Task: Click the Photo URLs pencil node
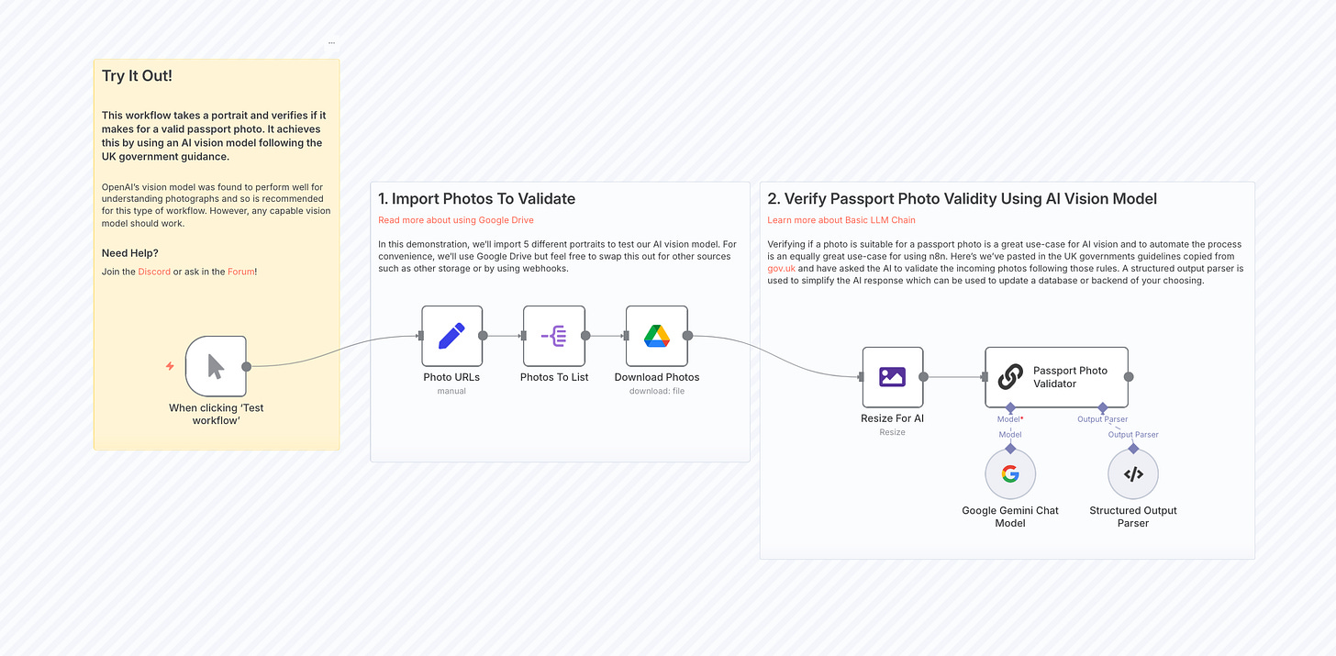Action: [x=451, y=336]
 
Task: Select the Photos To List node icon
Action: [x=554, y=336]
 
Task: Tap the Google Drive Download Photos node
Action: [x=656, y=336]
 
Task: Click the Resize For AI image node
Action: [x=892, y=376]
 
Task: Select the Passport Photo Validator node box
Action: [x=1056, y=377]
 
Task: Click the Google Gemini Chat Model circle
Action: [x=1010, y=474]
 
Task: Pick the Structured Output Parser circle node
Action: [x=1133, y=474]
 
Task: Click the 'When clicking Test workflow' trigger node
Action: [x=216, y=366]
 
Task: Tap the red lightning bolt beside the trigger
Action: [x=170, y=366]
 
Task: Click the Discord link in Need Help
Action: [x=154, y=272]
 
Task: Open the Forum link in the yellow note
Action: [x=241, y=272]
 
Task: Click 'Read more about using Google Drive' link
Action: [x=456, y=220]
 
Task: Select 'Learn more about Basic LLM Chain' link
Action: [x=841, y=220]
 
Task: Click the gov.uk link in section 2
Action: [x=783, y=269]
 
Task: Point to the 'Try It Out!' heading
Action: [x=137, y=76]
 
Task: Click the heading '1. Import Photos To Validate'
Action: [x=477, y=199]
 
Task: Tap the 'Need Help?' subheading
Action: [x=130, y=253]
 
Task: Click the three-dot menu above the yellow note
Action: [x=331, y=43]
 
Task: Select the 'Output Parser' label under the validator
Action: [x=1103, y=419]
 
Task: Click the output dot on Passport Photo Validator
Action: [x=1129, y=377]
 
